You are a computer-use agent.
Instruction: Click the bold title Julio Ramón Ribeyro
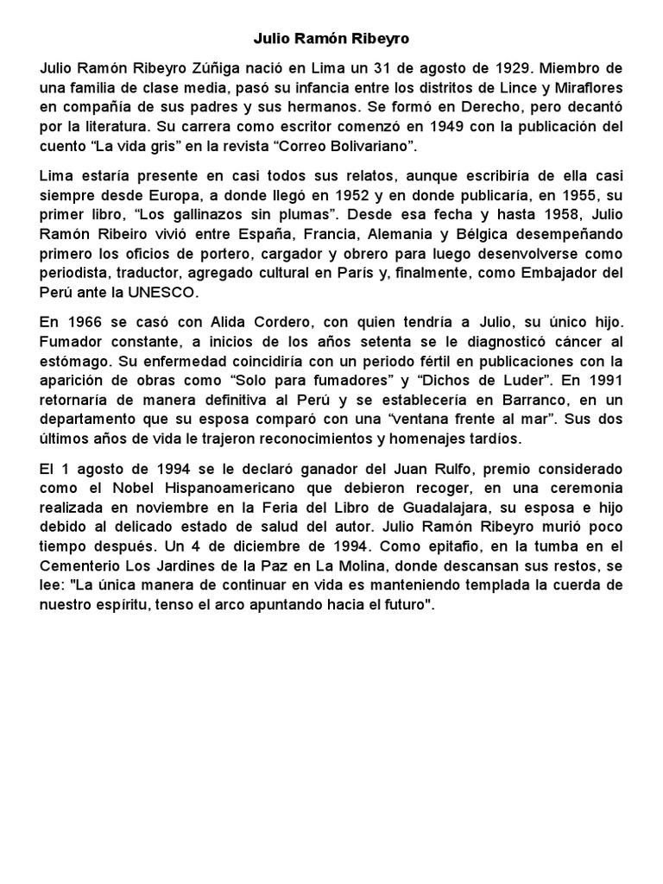click(x=331, y=40)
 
